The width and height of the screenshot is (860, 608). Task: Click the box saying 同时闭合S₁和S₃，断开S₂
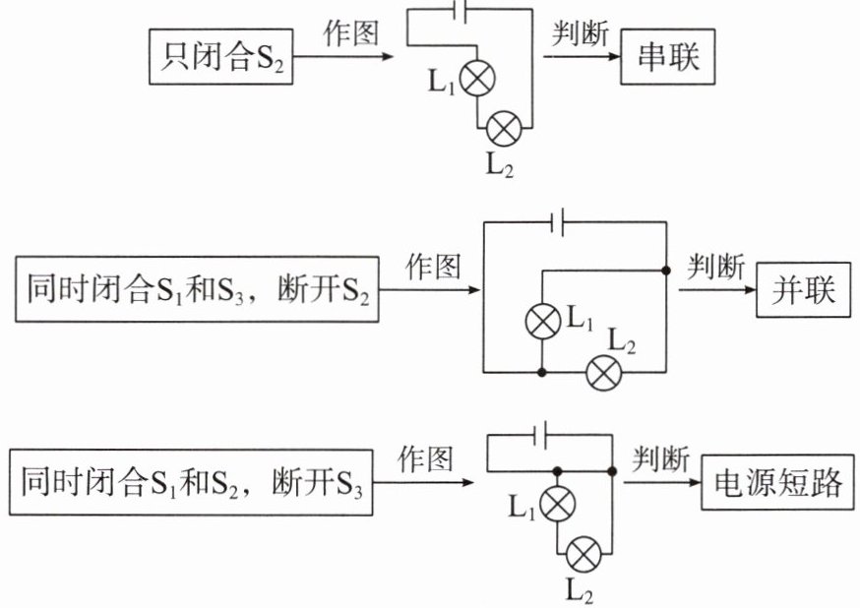pyautogui.click(x=197, y=290)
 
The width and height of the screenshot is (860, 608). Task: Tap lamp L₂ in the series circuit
pyautogui.click(x=506, y=127)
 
